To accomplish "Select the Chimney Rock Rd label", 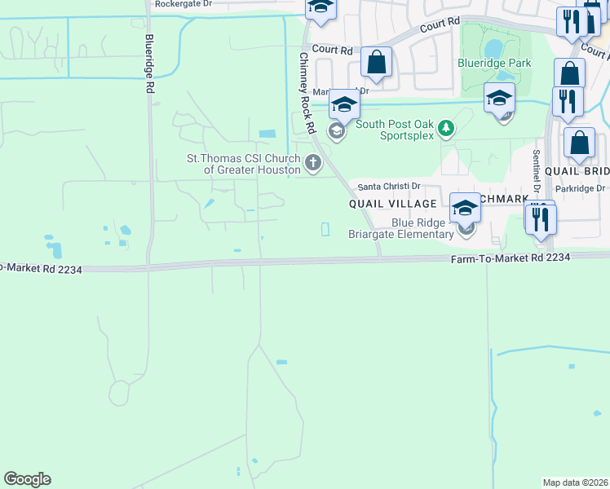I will click(307, 94).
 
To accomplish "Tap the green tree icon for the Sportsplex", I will click(445, 127).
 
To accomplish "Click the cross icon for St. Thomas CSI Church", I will click(312, 164).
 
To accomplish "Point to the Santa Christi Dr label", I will click(389, 187).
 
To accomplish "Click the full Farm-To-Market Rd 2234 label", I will click(511, 257).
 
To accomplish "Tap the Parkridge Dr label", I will click(583, 188).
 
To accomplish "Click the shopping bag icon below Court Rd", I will click(377, 63).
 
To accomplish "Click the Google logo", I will click(27, 479).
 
